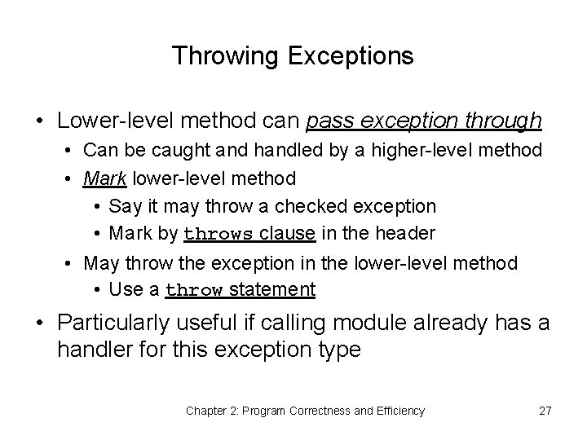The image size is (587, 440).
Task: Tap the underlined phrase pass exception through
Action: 424,121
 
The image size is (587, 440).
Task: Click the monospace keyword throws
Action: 219,235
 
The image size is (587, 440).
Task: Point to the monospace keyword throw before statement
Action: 195,291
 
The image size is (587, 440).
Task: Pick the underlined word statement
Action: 273,290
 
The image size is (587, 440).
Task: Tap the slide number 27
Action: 545,411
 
